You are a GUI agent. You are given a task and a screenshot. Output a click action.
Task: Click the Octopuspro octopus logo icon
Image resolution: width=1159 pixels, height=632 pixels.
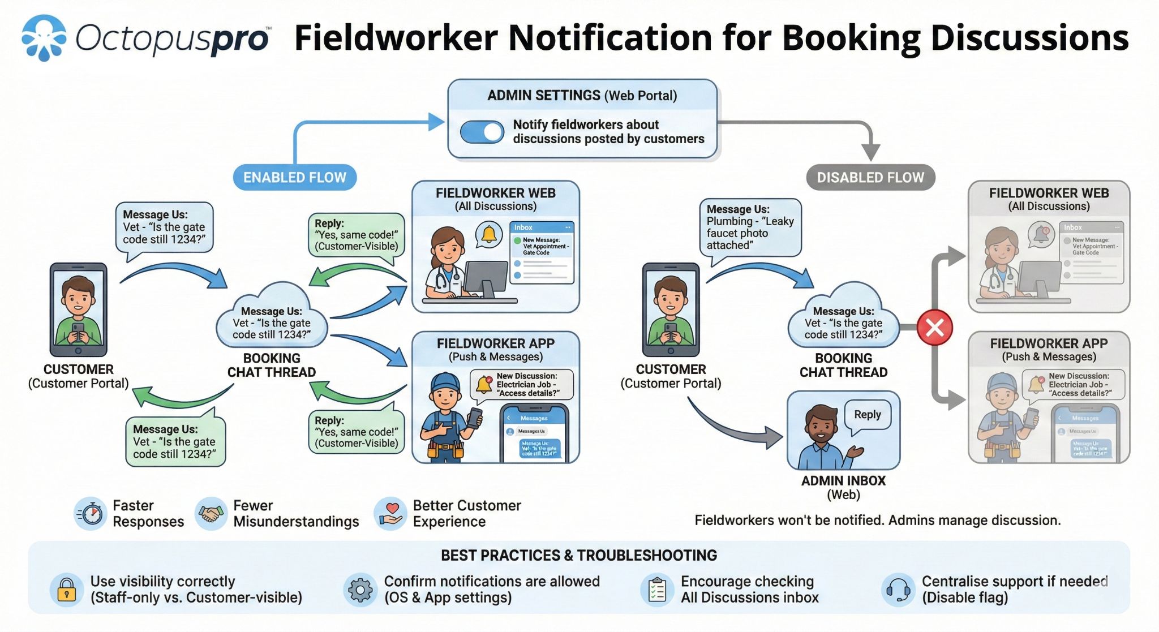point(44,37)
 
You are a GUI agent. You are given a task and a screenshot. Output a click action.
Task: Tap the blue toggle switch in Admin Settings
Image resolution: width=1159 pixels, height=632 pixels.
point(482,132)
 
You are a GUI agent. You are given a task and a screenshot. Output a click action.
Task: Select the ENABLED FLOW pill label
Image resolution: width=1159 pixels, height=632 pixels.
point(294,178)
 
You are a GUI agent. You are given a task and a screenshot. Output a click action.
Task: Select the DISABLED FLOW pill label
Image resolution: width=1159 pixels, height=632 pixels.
point(870,178)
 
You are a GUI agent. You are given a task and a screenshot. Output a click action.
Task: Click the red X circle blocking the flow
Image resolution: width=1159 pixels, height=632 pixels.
point(934,328)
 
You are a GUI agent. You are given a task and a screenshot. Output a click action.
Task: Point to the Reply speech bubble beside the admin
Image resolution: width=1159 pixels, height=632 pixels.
point(867,415)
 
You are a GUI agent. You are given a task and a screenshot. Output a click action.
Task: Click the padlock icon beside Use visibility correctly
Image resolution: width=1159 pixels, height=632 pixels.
point(66,590)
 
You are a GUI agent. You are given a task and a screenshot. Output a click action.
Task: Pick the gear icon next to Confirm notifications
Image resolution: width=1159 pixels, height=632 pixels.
point(360,590)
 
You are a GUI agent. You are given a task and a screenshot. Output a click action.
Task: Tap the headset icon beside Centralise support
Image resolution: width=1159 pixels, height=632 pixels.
point(898,590)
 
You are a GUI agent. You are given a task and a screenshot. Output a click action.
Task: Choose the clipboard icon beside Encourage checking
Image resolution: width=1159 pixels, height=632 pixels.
point(657,590)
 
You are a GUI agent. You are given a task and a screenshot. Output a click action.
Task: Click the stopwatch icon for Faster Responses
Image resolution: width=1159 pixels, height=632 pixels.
point(91,514)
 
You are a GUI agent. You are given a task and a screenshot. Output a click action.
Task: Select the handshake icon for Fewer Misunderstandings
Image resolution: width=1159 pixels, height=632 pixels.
point(211,514)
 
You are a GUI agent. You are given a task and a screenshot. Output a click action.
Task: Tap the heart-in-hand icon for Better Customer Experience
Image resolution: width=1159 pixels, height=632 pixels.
point(390,514)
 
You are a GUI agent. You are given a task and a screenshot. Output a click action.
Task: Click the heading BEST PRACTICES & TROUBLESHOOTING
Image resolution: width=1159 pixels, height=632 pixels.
point(579,556)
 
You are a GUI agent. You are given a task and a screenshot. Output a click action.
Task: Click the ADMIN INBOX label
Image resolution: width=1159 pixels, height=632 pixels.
point(843,481)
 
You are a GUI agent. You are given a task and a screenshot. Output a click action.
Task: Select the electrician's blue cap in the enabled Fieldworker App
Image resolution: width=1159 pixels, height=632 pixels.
point(445,380)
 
